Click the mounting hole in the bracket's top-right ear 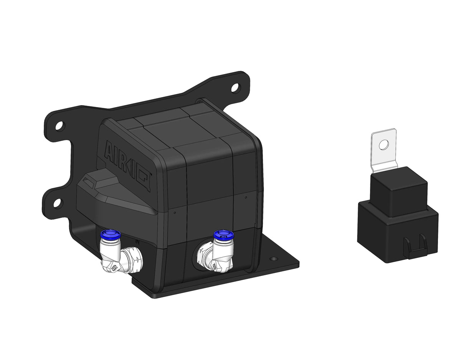tap(234, 88)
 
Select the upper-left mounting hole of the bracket tap(59, 126)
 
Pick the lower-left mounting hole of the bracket tap(56, 202)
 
